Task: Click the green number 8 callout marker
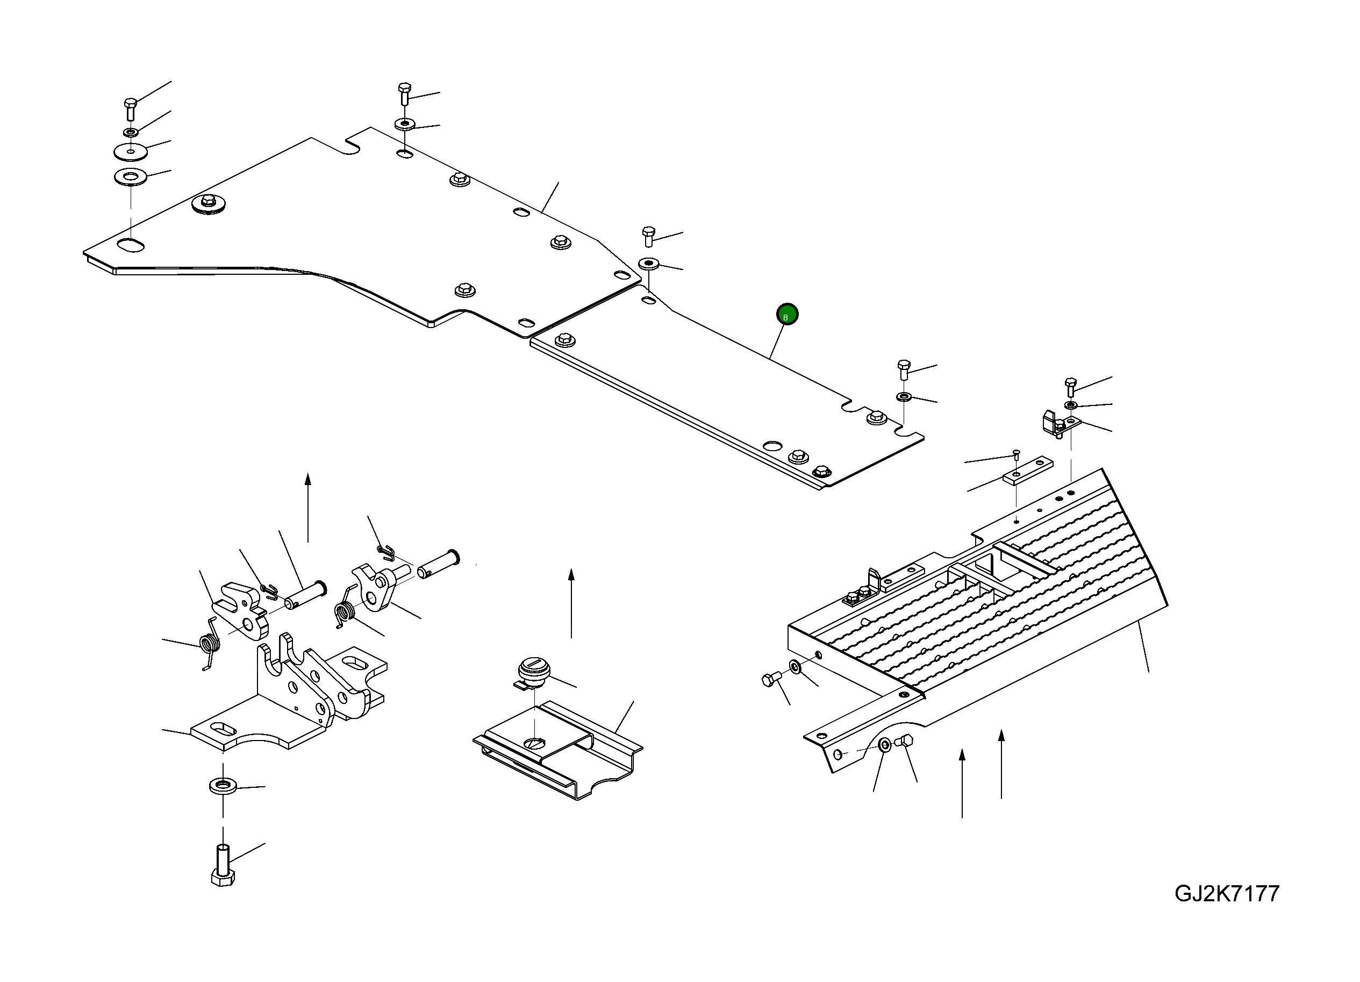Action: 787,314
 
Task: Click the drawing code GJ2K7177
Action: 1226,894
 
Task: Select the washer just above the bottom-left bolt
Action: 223,785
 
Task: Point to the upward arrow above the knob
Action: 571,603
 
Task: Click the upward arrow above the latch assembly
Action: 307,508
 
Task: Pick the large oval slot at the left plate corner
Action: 131,245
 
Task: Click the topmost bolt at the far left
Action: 130,109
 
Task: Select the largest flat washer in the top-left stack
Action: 131,151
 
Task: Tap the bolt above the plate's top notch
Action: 405,94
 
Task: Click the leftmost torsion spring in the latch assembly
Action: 209,644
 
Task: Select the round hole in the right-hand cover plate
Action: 772,446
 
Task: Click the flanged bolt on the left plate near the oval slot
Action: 208,203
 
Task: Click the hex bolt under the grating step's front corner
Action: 904,742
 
